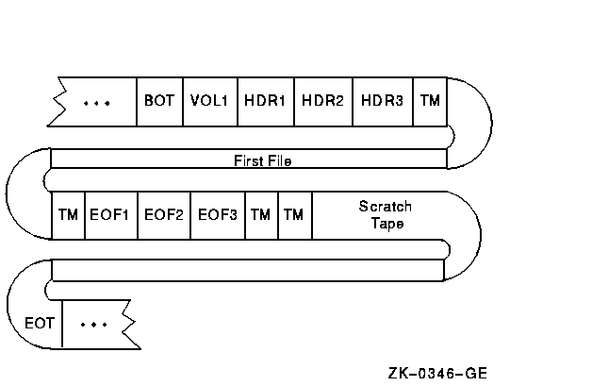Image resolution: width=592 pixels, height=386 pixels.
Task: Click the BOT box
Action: [159, 100]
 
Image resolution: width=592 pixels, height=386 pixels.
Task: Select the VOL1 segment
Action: [209, 100]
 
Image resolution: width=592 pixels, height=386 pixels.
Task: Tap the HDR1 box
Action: [265, 100]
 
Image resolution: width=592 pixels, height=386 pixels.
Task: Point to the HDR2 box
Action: [323, 100]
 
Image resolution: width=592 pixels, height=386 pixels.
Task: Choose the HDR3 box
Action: [382, 100]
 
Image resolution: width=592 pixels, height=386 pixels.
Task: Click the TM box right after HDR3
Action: [430, 100]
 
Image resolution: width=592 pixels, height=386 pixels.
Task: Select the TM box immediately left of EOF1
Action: [67, 215]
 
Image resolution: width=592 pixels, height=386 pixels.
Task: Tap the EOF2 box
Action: [165, 215]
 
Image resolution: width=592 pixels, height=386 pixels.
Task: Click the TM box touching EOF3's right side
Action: [260, 215]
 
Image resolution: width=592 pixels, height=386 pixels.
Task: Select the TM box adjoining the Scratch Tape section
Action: [294, 215]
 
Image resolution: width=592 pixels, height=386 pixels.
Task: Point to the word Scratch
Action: [385, 207]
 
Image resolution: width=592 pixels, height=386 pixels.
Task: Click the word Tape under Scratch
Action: [385, 224]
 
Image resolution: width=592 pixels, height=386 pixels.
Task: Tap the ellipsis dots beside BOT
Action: [96, 101]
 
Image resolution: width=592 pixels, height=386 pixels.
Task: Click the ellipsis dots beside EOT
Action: [94, 324]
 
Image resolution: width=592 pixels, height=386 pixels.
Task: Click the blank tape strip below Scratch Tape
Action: [247, 270]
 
